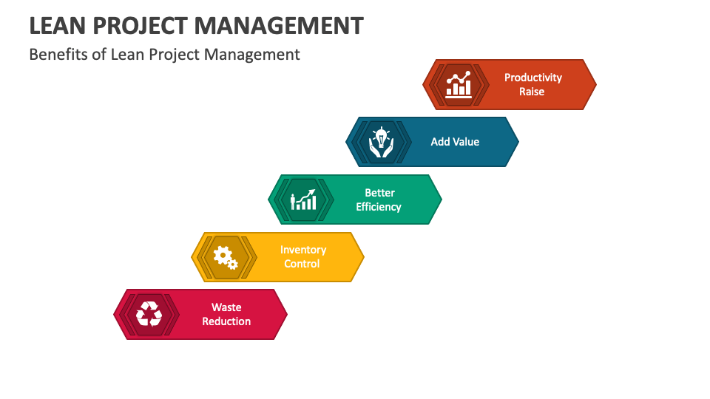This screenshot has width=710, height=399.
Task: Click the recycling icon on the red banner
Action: click(149, 314)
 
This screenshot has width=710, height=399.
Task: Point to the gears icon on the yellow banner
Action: click(225, 257)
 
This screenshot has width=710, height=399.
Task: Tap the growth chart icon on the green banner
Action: click(303, 199)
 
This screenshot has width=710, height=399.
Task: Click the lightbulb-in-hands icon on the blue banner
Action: click(381, 142)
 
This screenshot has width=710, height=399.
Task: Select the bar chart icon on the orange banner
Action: click(459, 84)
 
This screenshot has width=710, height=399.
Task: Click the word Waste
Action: click(226, 307)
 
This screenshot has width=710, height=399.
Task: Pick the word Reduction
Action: click(226, 321)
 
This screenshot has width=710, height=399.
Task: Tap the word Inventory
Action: click(303, 250)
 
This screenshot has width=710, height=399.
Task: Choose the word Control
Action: click(302, 264)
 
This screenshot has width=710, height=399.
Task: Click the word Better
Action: click(379, 193)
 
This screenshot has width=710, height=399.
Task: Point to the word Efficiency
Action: click(379, 207)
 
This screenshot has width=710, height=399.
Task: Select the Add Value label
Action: click(455, 142)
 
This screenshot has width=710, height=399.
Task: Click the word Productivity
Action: click(533, 78)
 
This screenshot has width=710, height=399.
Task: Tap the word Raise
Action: click(532, 92)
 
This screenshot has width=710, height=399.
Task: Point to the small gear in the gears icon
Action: click(232, 264)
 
